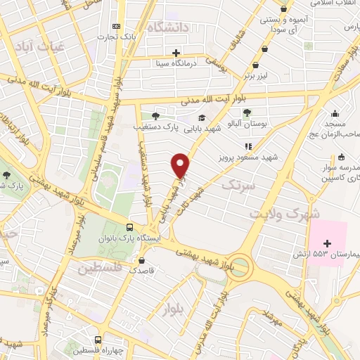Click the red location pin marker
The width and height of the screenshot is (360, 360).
pos(181,165)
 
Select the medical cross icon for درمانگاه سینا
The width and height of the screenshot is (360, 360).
pos(176,53)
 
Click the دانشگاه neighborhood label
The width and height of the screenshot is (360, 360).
pos(169,29)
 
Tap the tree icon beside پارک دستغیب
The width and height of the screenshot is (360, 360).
pos(155,116)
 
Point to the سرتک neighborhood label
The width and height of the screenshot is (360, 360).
pos(236,185)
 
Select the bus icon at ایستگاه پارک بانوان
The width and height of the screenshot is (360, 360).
pos(129,227)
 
